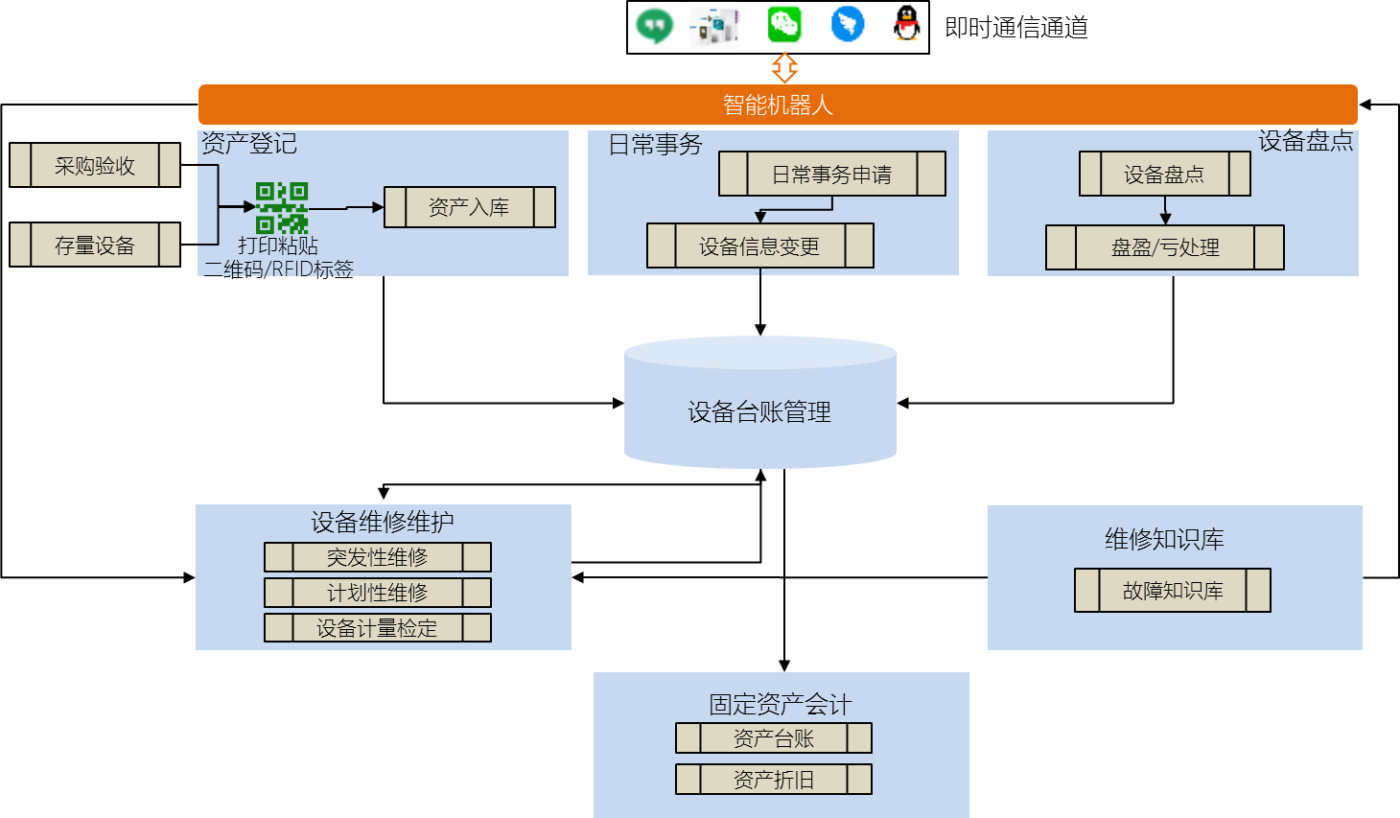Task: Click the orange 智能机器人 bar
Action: [x=778, y=105]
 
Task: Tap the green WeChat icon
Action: [x=784, y=25]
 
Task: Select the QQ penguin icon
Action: [x=908, y=24]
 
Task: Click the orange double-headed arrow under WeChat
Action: [x=784, y=67]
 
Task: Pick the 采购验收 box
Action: [x=95, y=165]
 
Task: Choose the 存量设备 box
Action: [x=95, y=245]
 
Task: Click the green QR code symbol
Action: [x=282, y=207]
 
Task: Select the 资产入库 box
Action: [x=469, y=207]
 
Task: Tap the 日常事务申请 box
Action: [x=831, y=174]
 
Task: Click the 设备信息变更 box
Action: [x=759, y=245]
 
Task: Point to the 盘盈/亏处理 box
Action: [x=1164, y=247]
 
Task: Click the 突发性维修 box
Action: [x=377, y=557]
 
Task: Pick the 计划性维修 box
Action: [x=377, y=593]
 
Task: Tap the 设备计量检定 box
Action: [x=377, y=628]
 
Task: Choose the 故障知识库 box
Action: [x=1172, y=591]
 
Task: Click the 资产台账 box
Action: [x=773, y=738]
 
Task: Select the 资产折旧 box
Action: [x=773, y=780]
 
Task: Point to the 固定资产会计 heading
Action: [x=780, y=704]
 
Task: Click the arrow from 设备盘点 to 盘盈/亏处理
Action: [x=1165, y=210]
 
